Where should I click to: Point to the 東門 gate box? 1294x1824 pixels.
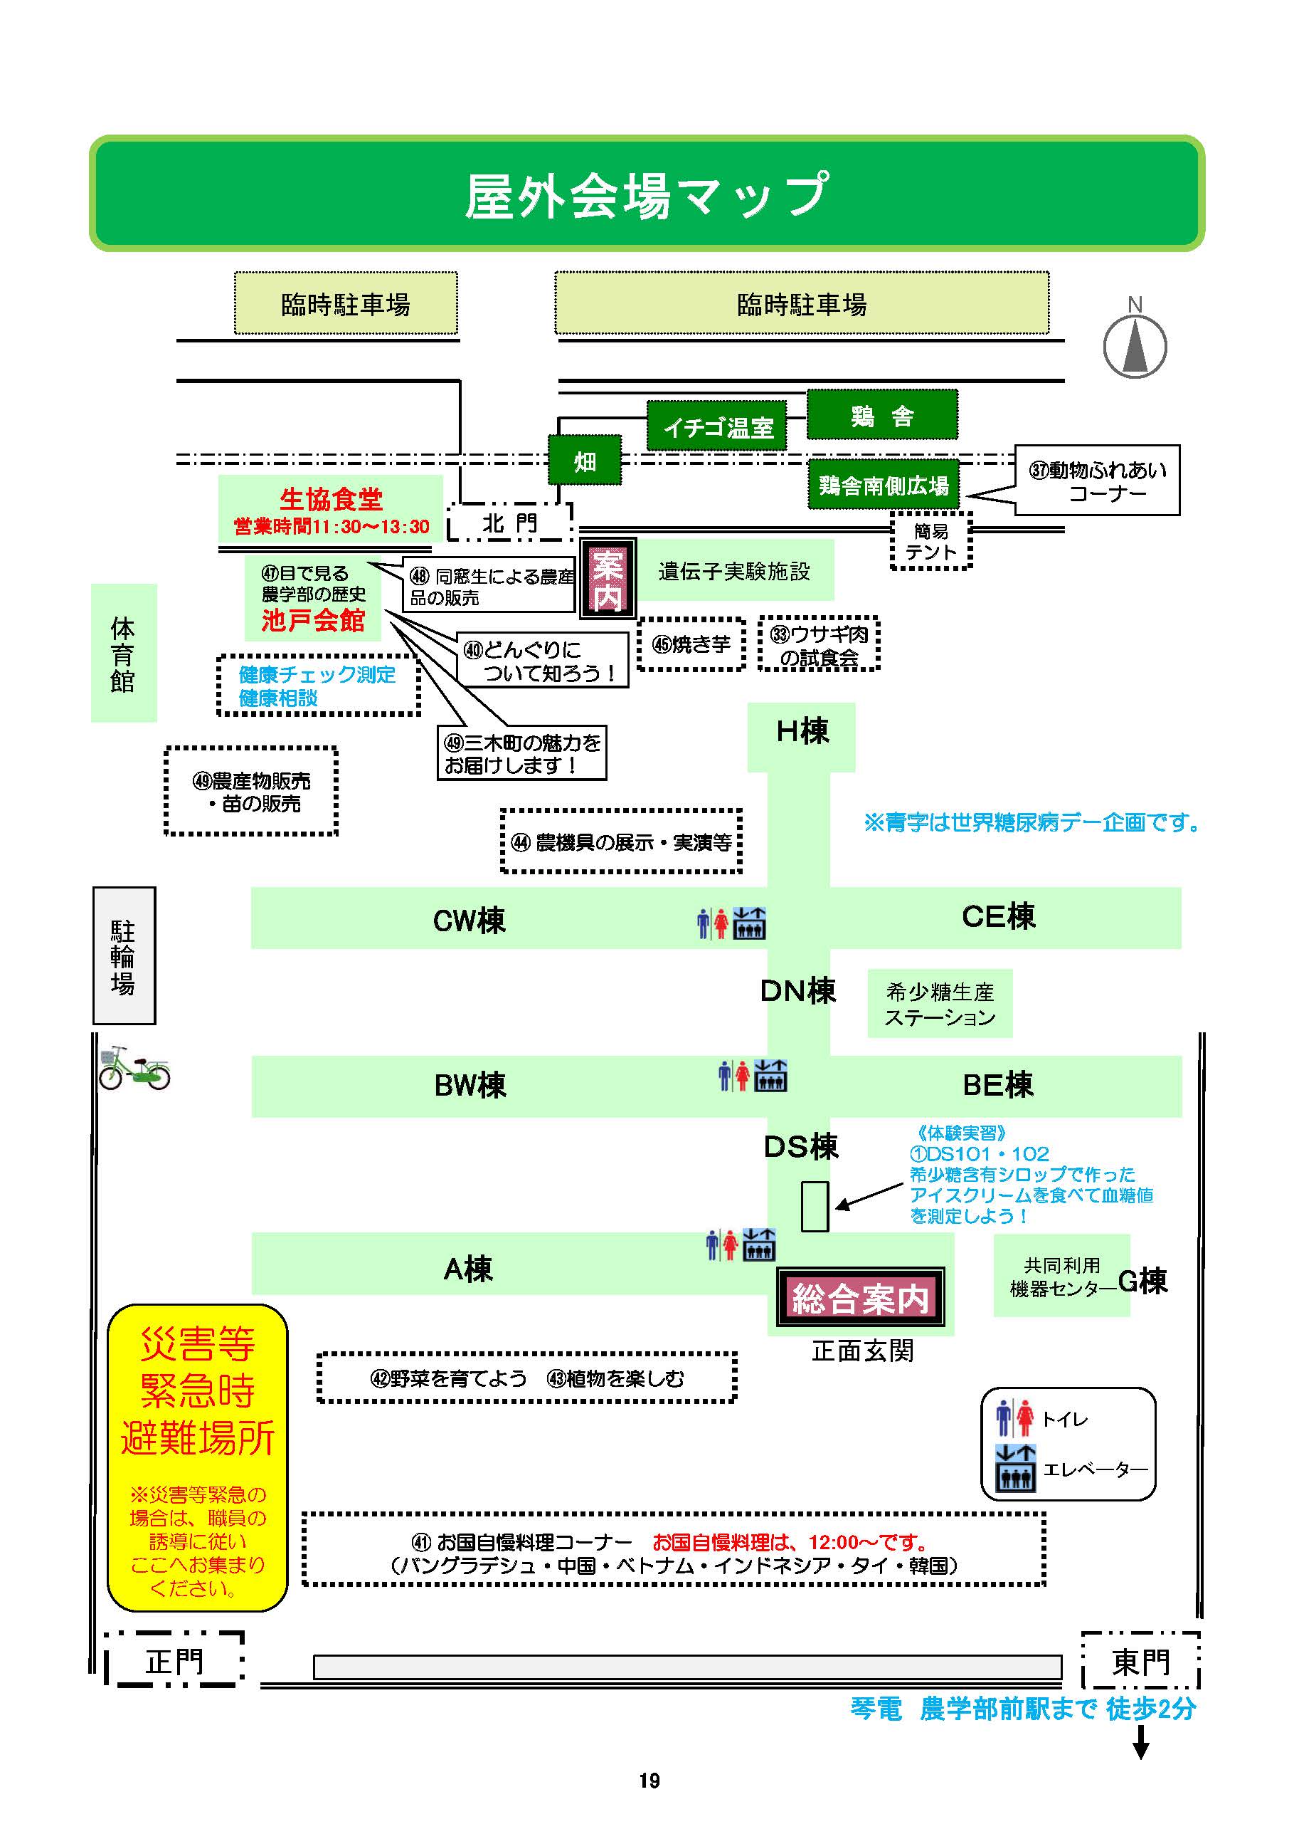(x=1140, y=1662)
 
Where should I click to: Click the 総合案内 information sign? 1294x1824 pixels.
(x=861, y=1298)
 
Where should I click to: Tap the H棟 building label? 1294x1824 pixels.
(x=802, y=731)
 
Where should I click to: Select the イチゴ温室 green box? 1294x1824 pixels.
(x=717, y=426)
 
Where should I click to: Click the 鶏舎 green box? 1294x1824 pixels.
(x=881, y=414)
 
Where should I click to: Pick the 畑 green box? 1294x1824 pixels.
(x=584, y=460)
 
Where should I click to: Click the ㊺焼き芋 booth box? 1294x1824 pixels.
(x=691, y=644)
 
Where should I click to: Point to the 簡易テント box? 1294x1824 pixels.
(x=930, y=541)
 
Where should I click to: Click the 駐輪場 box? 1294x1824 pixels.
(x=124, y=955)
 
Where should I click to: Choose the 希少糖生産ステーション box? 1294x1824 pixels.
(x=940, y=1004)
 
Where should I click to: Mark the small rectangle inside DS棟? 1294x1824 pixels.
(x=815, y=1206)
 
